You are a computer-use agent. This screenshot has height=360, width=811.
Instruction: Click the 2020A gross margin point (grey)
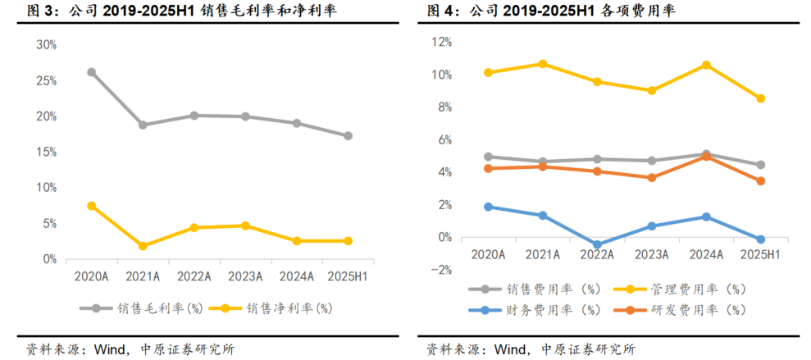coord(92,72)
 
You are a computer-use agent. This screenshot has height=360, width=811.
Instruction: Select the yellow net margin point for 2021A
coord(143,246)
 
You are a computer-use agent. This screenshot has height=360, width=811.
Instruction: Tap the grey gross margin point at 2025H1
coord(349,136)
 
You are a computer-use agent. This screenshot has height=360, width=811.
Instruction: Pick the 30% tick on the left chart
coord(46,45)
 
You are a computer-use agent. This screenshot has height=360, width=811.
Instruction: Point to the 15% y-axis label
coord(46,152)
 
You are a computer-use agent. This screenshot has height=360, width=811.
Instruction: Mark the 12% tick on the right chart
coord(442,42)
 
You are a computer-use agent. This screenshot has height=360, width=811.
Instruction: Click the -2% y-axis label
coord(442,270)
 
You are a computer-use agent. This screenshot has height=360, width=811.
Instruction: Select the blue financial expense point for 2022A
coord(598,245)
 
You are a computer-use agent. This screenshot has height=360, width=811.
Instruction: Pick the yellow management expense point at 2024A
coord(706,65)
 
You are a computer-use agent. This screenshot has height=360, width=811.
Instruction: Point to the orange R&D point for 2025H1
coord(761,181)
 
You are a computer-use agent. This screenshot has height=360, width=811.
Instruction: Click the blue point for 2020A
coord(488,207)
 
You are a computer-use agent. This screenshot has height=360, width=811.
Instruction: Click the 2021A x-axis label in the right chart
coord(543,255)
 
